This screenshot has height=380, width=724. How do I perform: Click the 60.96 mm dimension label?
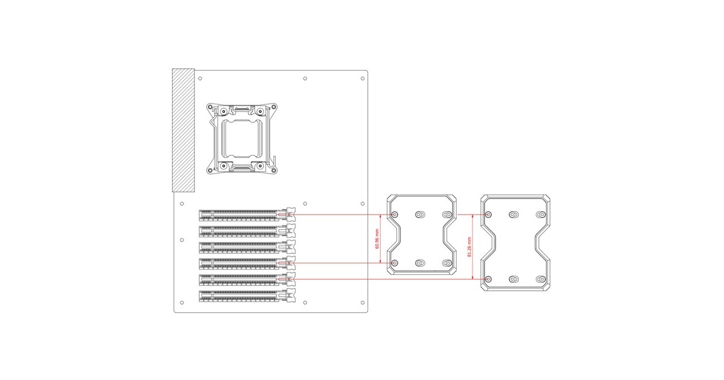(x=377, y=239)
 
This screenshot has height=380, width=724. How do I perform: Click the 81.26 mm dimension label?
(x=471, y=247)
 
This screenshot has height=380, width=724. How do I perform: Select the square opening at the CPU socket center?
(x=241, y=139)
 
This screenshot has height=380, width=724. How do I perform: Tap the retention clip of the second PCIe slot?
(x=291, y=231)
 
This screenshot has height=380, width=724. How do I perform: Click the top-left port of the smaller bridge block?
(x=395, y=215)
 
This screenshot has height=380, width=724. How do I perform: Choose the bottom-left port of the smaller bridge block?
(x=395, y=263)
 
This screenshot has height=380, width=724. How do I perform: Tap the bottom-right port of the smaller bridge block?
(x=447, y=263)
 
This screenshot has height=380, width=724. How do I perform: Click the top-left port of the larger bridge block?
(x=488, y=215)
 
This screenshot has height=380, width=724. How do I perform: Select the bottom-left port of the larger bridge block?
(x=488, y=279)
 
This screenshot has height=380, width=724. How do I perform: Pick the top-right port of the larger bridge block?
(x=541, y=215)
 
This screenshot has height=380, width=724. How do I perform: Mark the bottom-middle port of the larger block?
(x=514, y=279)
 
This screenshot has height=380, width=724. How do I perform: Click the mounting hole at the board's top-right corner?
(x=362, y=78)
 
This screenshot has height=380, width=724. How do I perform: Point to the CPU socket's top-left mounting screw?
(x=223, y=112)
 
